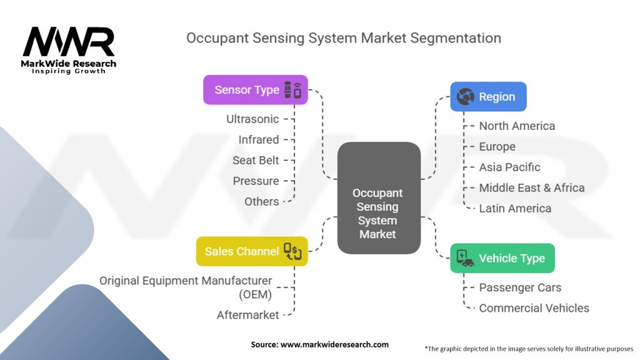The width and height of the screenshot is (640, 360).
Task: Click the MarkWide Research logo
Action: click(69, 50)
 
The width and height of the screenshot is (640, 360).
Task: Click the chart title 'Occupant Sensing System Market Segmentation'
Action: click(344, 38)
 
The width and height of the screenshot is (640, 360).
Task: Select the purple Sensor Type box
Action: click(256, 90)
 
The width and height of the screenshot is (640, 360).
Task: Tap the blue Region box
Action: click(488, 97)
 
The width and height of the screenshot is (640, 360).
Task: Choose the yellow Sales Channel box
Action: click(252, 251)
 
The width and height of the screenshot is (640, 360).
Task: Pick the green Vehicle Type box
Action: click(502, 258)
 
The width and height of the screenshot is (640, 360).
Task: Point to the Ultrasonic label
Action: click(252, 119)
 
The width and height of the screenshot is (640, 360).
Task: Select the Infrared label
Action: click(259, 139)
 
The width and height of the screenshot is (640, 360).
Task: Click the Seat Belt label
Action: click(256, 160)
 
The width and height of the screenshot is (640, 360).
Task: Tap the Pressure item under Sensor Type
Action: click(256, 181)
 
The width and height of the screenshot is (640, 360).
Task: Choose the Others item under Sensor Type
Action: click(261, 201)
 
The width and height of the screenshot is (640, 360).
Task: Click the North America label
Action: click(517, 126)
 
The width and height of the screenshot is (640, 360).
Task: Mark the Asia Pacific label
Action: click(509, 167)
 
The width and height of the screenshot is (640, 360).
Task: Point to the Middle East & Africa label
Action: click(532, 187)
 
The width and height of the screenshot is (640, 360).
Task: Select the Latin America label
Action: click(515, 208)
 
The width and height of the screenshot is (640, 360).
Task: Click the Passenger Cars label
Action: click(520, 287)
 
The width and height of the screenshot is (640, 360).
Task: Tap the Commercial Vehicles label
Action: click(534, 308)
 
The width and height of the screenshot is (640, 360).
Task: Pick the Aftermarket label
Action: click(247, 315)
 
